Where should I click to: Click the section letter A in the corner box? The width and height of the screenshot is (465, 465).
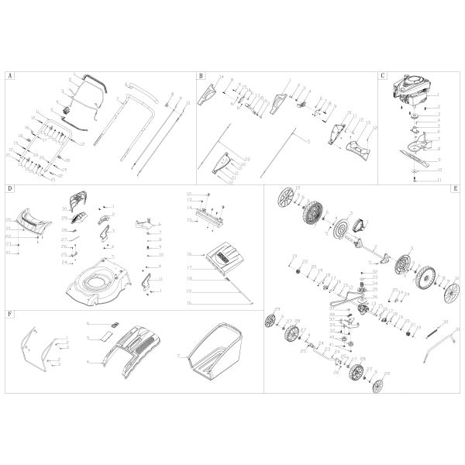click(x=9, y=77)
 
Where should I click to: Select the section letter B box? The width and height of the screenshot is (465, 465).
click(x=200, y=77)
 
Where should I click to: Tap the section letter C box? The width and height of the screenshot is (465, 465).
click(x=383, y=77)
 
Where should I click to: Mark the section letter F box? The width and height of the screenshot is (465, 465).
click(x=9, y=317)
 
